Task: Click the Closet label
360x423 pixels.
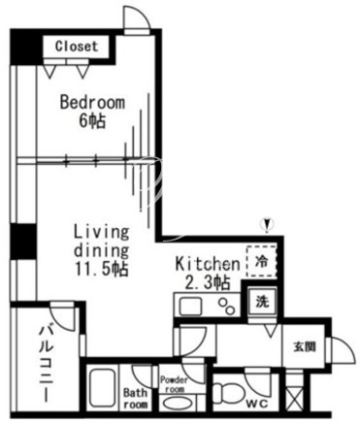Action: [77, 47]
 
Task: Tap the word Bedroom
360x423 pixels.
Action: [92, 103]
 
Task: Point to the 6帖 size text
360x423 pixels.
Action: [92, 121]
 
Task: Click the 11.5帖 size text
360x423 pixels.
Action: [102, 269]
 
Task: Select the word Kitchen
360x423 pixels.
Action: [208, 264]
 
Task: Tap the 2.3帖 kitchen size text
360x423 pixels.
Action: [208, 282]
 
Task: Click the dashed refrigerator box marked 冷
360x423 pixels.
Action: [262, 261]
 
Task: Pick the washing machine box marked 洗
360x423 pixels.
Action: [262, 302]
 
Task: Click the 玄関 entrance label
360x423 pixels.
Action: [305, 347]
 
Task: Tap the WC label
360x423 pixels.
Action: [257, 404]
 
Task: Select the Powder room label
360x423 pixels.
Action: [174, 384]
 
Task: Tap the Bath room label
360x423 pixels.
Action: [136, 399]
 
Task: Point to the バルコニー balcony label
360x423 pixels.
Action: [46, 364]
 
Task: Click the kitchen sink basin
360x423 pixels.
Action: [190, 306]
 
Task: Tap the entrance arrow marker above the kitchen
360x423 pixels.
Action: [267, 225]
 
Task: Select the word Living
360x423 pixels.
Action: [102, 233]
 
